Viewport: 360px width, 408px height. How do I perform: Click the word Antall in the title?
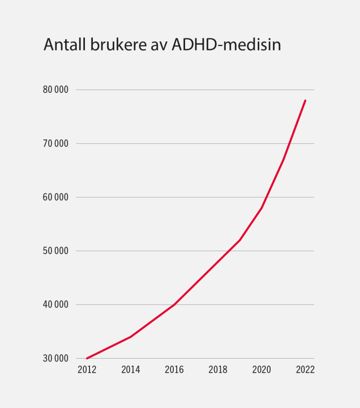click(x=65, y=45)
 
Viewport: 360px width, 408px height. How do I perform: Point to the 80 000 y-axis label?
click(x=55, y=90)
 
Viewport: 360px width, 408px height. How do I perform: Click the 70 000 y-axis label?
click(x=55, y=143)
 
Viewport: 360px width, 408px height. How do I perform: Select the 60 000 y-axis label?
click(x=55, y=197)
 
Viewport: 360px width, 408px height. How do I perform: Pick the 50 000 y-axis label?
click(x=55, y=251)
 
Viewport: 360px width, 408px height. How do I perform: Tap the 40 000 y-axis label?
click(x=55, y=305)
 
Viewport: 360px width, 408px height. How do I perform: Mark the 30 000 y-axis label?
click(x=55, y=359)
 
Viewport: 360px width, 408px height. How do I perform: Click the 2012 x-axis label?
click(x=87, y=370)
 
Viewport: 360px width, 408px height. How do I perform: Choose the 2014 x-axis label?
click(x=131, y=370)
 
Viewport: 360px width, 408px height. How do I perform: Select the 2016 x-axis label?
click(x=174, y=370)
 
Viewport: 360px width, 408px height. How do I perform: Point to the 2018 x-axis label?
click(x=218, y=370)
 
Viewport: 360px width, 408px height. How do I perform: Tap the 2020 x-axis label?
click(x=262, y=370)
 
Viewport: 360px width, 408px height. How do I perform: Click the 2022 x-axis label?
click(x=305, y=370)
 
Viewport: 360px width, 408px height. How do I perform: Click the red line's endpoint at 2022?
click(x=305, y=100)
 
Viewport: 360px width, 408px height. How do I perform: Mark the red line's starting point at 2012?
click(x=87, y=358)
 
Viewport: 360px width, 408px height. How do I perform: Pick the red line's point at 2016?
click(x=174, y=304)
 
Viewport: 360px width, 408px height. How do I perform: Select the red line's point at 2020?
click(x=262, y=208)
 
